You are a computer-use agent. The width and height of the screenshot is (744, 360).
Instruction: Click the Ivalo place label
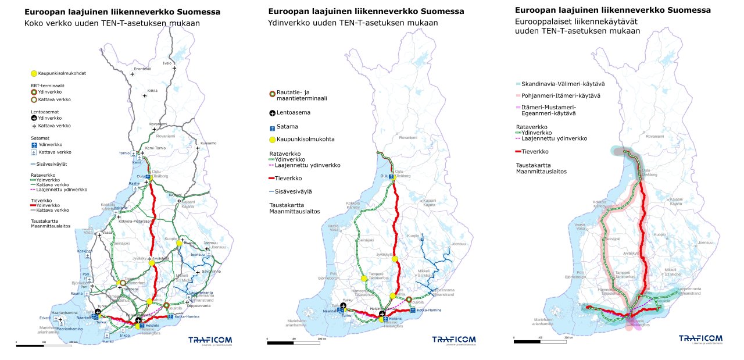click(167, 62)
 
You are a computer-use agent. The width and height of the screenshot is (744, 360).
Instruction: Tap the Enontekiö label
click(142, 69)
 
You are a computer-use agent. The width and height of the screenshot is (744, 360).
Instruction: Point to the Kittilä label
click(152, 91)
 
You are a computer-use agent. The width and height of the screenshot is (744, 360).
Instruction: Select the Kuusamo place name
click(208, 142)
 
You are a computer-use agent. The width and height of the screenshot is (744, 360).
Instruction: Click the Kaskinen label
click(85, 251)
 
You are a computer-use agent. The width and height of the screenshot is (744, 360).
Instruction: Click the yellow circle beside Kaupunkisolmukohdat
click(34, 73)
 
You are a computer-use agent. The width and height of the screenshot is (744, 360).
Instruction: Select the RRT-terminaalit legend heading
click(48, 85)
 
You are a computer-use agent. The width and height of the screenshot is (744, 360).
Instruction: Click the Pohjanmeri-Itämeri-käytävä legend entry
click(559, 95)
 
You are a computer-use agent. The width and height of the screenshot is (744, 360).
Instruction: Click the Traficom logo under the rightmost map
click(700, 339)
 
